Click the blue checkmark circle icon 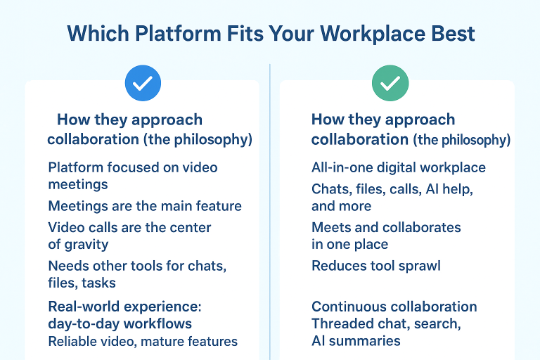click(143, 83)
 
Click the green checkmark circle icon click(390, 83)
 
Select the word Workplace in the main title click(368, 33)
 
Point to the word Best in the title click(453, 33)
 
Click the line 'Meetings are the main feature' click(144, 206)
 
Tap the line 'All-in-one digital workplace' click(398, 167)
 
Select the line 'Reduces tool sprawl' click(375, 266)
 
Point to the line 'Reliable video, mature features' click(142, 342)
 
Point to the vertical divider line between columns click(270, 211)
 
